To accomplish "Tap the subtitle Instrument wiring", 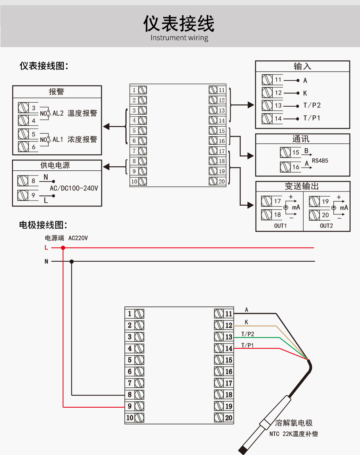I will [x=179, y=38].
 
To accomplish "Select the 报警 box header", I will [x=56, y=92].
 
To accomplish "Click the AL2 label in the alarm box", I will [x=58, y=113].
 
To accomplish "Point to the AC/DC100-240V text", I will [x=74, y=188].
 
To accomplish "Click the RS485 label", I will [x=320, y=161].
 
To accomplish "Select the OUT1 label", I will [x=280, y=226].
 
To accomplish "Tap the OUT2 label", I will [x=326, y=226].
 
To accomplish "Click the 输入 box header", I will [x=302, y=66].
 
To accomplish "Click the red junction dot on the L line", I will [x=63, y=248].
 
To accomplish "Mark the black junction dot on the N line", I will [x=72, y=261].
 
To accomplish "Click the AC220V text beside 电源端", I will [x=78, y=238].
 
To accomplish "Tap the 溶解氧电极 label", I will [x=294, y=423].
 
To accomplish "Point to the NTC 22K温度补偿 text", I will [x=293, y=434].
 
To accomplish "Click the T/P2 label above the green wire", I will [x=248, y=334].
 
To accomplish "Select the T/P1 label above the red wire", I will [x=248, y=345].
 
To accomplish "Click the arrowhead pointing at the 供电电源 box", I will [x=106, y=167].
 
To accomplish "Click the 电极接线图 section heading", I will [x=43, y=225].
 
